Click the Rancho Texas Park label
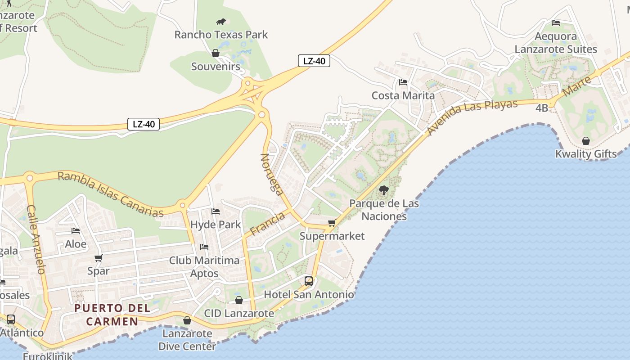point(221,35)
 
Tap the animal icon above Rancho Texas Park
point(221,22)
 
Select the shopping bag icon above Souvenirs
point(216,53)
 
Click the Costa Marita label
point(403,95)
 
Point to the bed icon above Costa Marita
point(403,82)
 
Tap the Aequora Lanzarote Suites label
point(556,43)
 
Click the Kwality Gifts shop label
point(586,154)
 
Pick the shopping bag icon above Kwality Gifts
point(586,141)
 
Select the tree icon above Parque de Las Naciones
point(384,190)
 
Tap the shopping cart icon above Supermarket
point(332,223)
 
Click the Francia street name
point(268,224)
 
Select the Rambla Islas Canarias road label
point(110,194)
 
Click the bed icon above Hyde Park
point(216,211)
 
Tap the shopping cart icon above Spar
point(98,258)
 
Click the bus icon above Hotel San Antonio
point(309,281)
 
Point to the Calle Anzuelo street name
point(36,239)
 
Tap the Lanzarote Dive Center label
point(187,340)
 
